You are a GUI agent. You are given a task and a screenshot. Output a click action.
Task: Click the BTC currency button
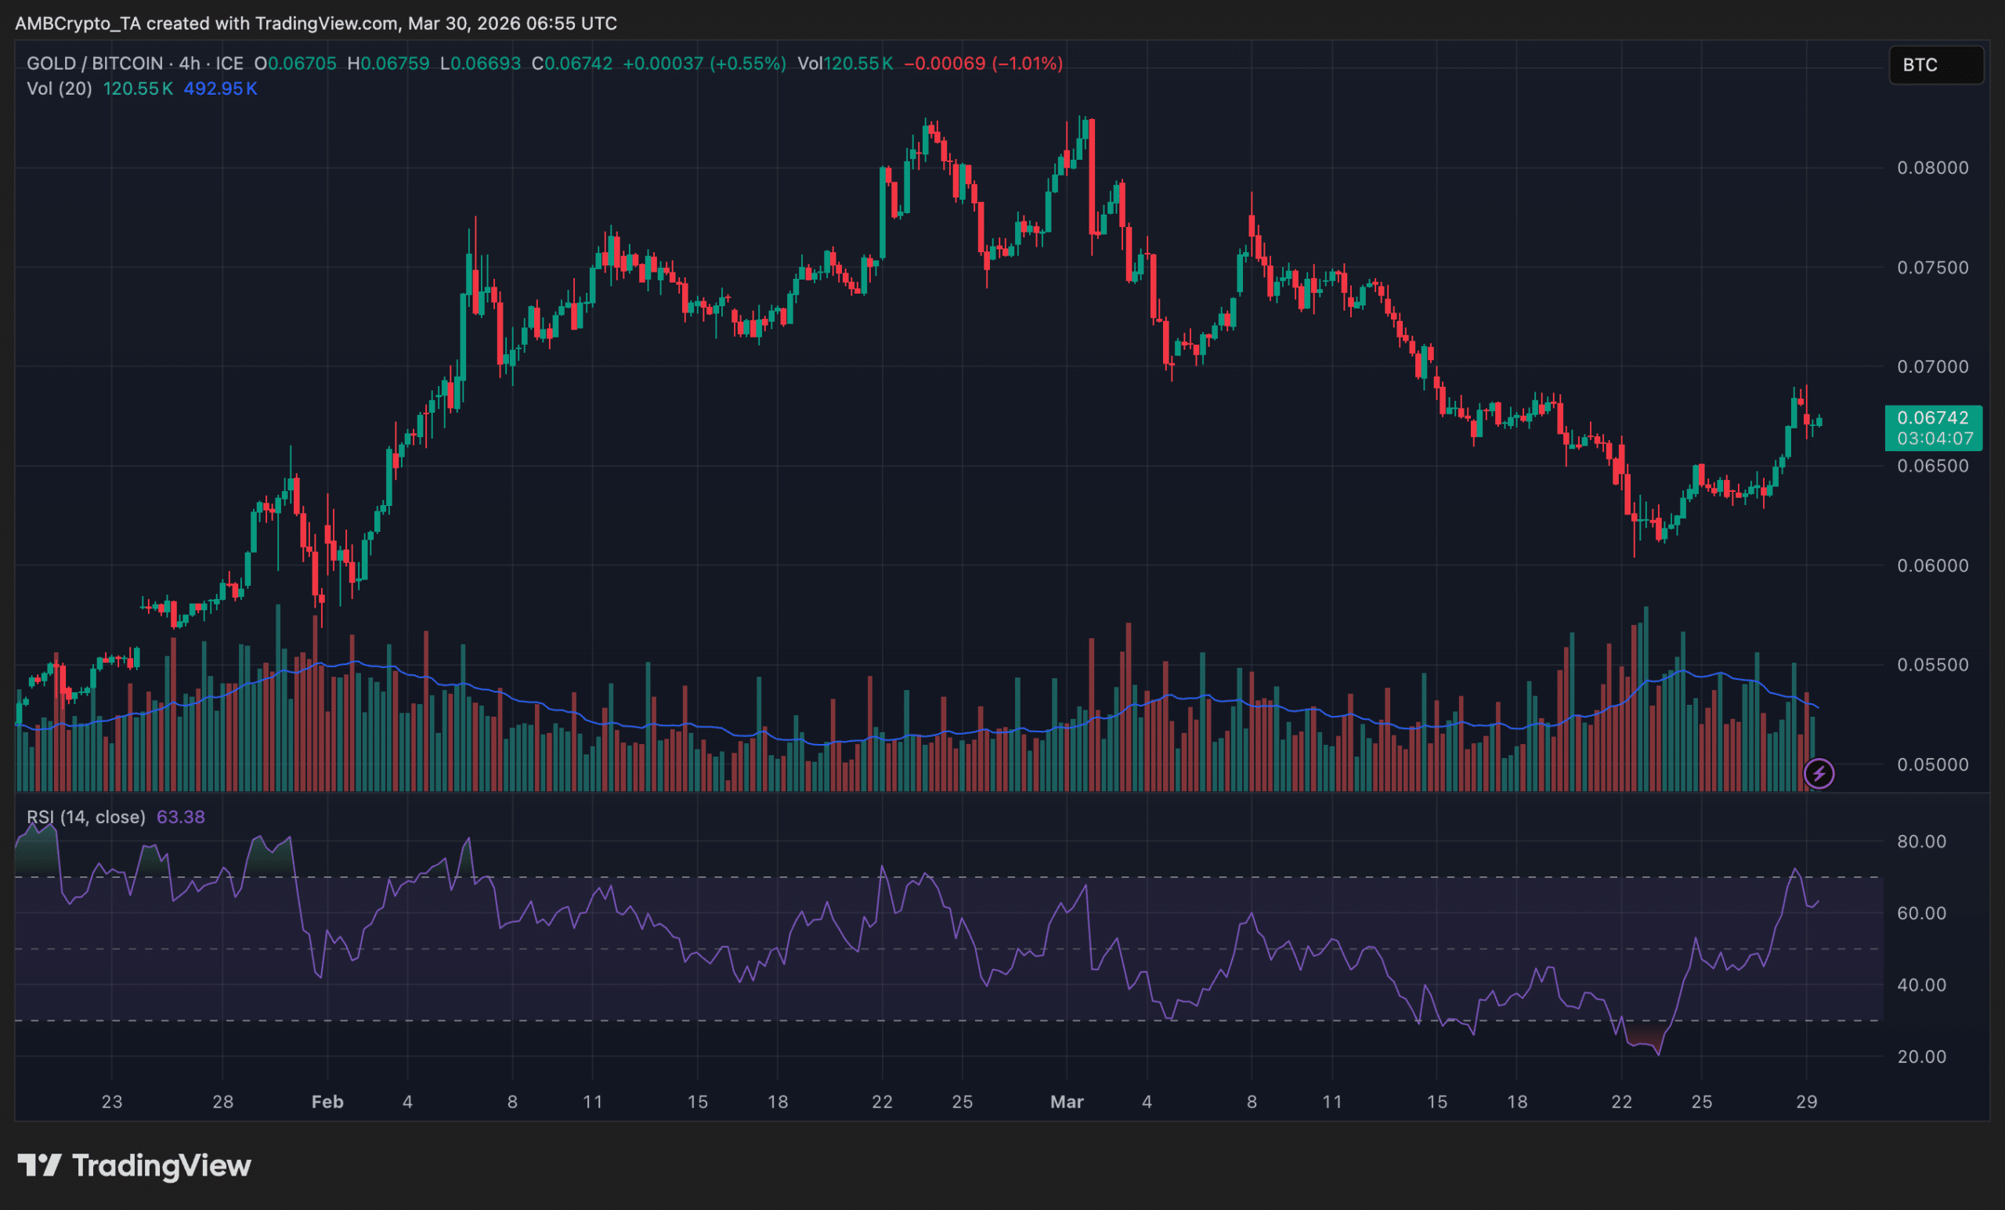1935,65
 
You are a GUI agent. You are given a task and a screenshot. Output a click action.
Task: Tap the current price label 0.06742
1933,418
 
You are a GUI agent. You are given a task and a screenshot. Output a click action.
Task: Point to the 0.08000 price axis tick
1933,168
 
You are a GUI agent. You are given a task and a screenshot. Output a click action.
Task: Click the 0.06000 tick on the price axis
1933,565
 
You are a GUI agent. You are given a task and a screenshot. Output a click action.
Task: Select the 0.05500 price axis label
1933,665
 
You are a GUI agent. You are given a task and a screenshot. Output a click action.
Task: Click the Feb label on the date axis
327,1102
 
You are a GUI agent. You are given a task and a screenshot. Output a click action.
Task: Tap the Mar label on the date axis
1066,1102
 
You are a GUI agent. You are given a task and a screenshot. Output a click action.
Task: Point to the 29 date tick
1805,1102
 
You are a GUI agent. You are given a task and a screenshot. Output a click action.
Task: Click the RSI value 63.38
181,817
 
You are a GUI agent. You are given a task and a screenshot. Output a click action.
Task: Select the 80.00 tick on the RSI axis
1921,841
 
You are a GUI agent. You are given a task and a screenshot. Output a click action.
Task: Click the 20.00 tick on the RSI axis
1921,1056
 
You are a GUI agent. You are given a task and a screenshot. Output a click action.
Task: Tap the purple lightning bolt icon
1819,773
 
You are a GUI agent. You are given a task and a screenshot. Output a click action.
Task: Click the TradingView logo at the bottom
134,1165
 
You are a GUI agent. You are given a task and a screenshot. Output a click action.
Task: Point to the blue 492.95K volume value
220,88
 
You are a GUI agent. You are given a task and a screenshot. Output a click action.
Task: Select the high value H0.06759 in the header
388,63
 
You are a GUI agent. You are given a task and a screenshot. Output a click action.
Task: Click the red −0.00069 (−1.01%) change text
983,63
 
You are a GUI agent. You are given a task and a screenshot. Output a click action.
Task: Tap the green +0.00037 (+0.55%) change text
704,63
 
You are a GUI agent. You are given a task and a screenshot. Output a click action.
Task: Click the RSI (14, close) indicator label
85,817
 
